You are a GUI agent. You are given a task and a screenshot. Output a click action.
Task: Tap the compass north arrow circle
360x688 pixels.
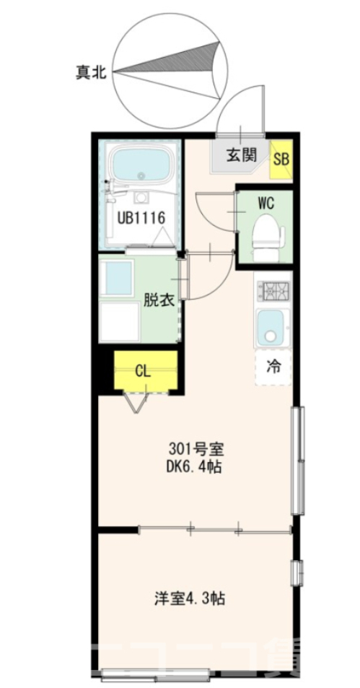point(167,69)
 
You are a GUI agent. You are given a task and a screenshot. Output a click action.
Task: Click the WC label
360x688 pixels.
point(266,203)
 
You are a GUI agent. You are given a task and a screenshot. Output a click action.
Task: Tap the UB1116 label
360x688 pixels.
point(142,216)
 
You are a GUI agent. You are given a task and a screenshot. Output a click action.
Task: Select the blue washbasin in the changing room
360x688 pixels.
point(119,276)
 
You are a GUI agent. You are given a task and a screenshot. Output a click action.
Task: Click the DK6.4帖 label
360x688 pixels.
point(192,467)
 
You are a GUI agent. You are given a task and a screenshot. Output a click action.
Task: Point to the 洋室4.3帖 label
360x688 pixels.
point(191,598)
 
